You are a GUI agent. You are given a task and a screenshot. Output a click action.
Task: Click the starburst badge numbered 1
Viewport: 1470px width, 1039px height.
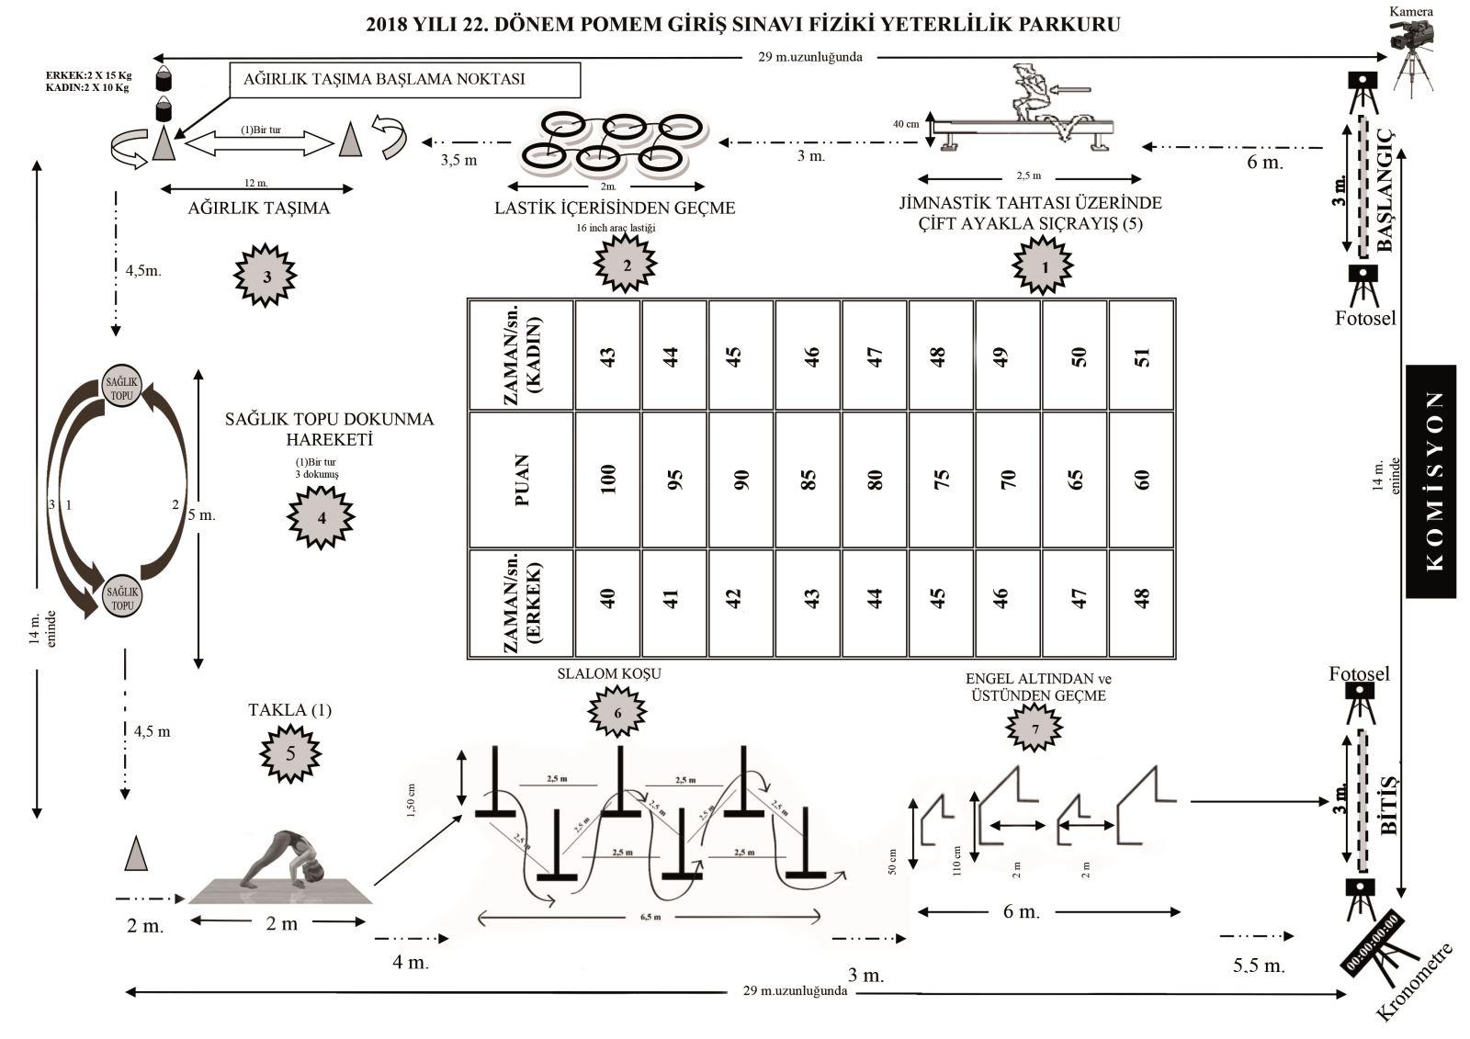click(x=1043, y=265)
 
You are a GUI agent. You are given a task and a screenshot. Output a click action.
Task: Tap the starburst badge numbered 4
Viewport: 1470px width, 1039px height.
click(x=321, y=517)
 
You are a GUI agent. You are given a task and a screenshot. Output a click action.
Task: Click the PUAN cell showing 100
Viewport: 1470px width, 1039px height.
click(x=607, y=479)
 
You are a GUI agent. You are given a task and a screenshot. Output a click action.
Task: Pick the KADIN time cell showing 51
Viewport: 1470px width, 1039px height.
click(x=1142, y=355)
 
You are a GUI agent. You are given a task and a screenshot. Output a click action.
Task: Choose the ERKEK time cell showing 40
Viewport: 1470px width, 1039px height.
click(x=607, y=599)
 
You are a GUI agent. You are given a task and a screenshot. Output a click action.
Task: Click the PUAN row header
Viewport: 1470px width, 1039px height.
click(x=520, y=479)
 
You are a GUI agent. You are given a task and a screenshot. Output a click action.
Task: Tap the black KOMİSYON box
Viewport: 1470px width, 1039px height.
click(x=1430, y=480)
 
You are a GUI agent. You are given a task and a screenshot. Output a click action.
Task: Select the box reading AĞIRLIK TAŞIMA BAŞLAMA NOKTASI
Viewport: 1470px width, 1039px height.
click(x=404, y=79)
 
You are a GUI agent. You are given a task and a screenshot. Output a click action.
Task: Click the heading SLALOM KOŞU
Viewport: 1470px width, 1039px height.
click(x=609, y=673)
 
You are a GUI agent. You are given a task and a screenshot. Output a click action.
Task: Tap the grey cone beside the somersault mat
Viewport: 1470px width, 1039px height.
click(x=136, y=853)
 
